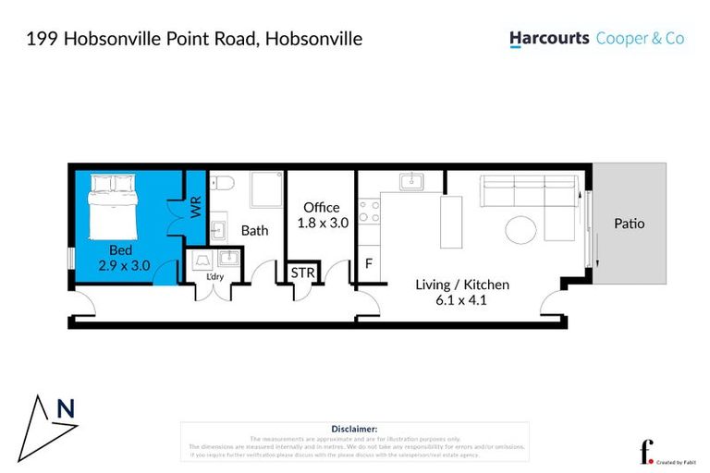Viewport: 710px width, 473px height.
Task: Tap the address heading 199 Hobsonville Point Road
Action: point(194,39)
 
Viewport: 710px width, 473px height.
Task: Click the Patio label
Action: point(629,224)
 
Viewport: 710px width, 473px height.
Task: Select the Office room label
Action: point(321,208)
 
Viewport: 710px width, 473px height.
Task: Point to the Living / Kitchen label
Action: point(461,285)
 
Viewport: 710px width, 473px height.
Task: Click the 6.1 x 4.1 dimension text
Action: point(461,299)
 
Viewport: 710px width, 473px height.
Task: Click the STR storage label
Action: point(301,273)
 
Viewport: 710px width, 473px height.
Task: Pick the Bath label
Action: point(254,230)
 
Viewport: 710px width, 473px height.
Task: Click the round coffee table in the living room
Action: point(520,230)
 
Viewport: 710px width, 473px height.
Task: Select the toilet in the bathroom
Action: point(221,184)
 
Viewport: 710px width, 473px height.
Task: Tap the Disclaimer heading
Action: point(354,429)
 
